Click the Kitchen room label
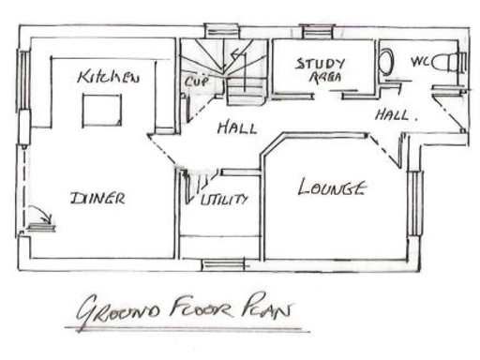[x=109, y=76]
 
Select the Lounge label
[x=331, y=187]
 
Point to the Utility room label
[x=224, y=199]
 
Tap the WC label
[x=421, y=63]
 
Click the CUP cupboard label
[x=196, y=82]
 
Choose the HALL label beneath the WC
[x=394, y=116]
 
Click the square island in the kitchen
[x=101, y=111]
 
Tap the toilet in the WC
[x=454, y=63]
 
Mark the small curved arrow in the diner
[x=36, y=213]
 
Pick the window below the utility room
[x=223, y=264]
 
